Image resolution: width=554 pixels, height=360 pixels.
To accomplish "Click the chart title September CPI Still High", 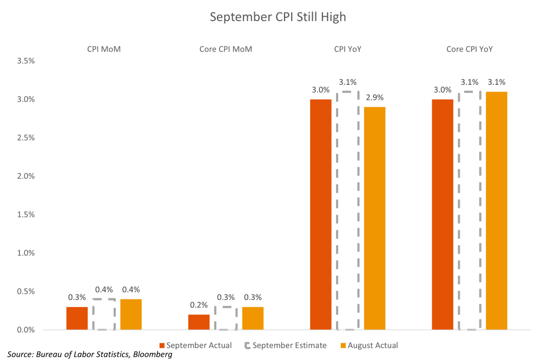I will (x=277, y=17).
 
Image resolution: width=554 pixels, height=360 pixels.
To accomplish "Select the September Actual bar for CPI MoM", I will (x=77, y=318).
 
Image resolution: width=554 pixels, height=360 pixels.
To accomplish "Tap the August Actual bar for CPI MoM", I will (x=131, y=315).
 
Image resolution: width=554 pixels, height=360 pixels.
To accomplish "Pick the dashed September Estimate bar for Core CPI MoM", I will (x=226, y=318).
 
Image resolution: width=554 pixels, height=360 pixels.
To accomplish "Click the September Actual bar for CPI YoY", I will (x=321, y=215).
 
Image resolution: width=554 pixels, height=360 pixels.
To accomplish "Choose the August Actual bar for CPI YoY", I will (x=375, y=218).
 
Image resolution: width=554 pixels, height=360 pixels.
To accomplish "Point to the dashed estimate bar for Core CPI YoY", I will (x=470, y=211).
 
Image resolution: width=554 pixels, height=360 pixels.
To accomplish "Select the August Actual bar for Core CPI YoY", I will (x=497, y=211).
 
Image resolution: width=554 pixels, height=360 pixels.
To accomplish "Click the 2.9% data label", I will (x=374, y=98).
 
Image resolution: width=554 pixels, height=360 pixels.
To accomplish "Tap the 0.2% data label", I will (x=199, y=305).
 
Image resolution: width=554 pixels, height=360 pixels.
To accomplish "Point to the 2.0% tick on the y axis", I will (x=26, y=176).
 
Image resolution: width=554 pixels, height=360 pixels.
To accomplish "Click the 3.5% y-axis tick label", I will (x=26, y=61).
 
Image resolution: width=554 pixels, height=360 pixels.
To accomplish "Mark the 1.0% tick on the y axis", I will (x=26, y=253).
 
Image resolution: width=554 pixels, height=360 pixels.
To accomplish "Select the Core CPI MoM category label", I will (x=226, y=49).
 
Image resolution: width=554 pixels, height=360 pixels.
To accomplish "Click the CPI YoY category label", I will (x=348, y=49).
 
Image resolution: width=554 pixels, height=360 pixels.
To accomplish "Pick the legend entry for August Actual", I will (x=369, y=345).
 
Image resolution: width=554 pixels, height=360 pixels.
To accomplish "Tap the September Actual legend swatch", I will (x=162, y=345).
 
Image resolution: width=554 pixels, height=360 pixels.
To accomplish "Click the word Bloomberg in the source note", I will (x=153, y=355).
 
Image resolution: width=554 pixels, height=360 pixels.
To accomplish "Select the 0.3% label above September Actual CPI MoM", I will (x=77, y=297).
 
